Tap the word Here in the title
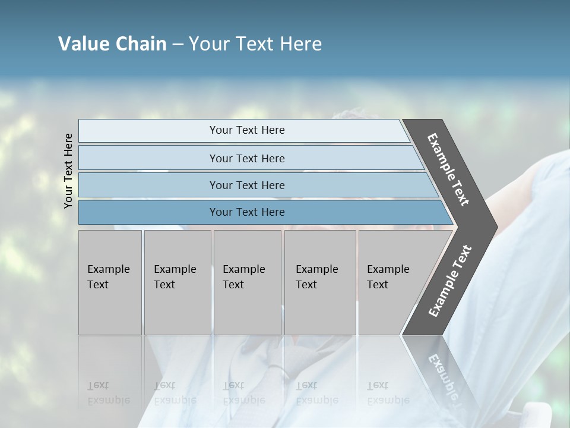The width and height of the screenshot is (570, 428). [300, 44]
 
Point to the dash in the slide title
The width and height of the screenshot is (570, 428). [178, 45]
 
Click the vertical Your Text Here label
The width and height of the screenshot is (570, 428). [68, 171]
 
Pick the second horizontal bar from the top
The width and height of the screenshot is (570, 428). [246, 158]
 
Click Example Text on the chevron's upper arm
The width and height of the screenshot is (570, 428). [448, 169]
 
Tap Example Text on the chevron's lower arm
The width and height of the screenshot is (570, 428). [449, 281]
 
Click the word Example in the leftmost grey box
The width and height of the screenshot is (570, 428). [108, 269]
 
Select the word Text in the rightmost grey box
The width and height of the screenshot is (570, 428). [377, 285]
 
